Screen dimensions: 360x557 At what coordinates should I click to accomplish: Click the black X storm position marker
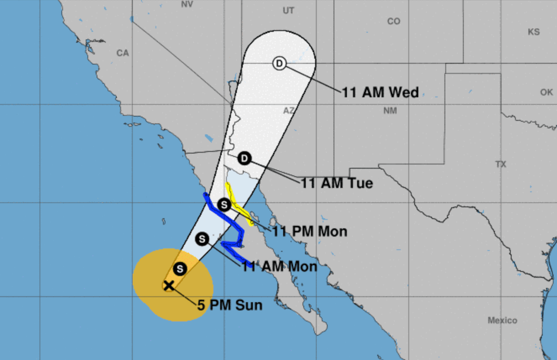pyautogui.click(x=168, y=285)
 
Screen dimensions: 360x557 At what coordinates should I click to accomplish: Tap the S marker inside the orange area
pyautogui.click(x=180, y=269)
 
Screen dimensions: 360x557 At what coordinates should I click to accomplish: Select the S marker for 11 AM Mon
pyautogui.click(x=202, y=238)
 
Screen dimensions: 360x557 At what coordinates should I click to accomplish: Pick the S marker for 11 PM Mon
pyautogui.click(x=224, y=204)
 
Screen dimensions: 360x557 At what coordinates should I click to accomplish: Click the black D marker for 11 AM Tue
pyautogui.click(x=244, y=158)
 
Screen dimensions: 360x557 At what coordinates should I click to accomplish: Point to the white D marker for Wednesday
pyautogui.click(x=279, y=63)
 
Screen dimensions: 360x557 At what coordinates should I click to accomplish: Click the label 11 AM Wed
pyautogui.click(x=380, y=92)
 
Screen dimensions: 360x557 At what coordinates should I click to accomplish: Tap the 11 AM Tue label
pyautogui.click(x=337, y=183)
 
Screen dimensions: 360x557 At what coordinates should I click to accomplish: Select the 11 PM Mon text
pyautogui.click(x=310, y=231)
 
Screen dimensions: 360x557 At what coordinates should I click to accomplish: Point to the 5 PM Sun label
pyautogui.click(x=230, y=305)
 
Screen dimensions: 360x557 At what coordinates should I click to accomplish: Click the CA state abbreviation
pyautogui.click(x=123, y=53)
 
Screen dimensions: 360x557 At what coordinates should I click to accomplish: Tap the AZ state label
pyautogui.click(x=289, y=111)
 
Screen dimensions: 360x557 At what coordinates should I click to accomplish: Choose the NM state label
pyautogui.click(x=390, y=111)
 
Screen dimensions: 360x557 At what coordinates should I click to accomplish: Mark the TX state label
pyautogui.click(x=501, y=164)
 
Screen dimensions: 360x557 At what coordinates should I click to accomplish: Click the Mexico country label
pyautogui.click(x=502, y=320)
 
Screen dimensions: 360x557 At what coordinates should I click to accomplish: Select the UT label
pyautogui.click(x=289, y=11)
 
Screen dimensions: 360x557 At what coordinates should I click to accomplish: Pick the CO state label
pyautogui.click(x=393, y=21)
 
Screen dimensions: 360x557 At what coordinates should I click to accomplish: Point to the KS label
pyautogui.click(x=534, y=32)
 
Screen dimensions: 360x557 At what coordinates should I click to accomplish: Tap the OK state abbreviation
pyautogui.click(x=547, y=92)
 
